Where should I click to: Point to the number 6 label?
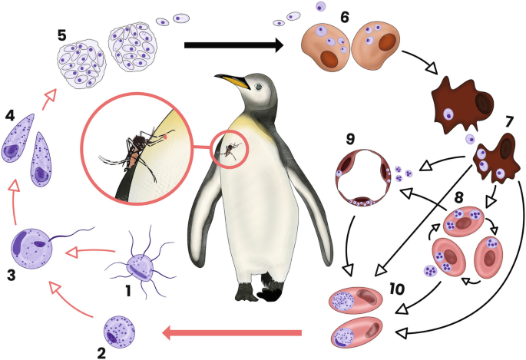click(x=345, y=16)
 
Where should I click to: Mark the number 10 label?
click(x=395, y=289)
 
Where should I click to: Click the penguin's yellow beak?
click(x=232, y=79)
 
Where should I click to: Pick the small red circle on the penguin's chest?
click(x=229, y=149)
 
